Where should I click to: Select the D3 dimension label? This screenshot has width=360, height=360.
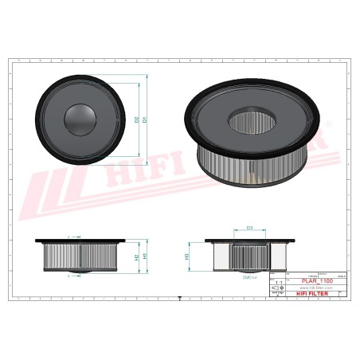click(x=249, y=229)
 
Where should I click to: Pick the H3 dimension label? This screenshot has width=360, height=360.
click(x=187, y=256)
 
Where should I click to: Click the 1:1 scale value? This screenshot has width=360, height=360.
click(x=277, y=281)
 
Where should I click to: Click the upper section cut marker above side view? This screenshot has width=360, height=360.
click(x=70, y=236)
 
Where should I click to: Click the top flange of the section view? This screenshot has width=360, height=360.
click(x=249, y=240)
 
